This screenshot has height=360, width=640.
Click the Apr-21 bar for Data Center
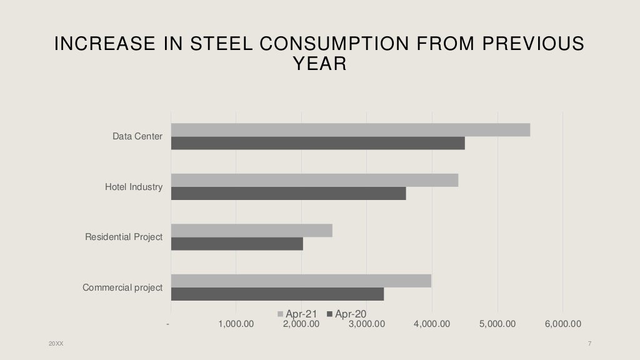(350, 130)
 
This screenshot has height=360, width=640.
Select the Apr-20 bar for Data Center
(317, 143)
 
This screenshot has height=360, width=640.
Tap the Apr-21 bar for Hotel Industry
(314, 180)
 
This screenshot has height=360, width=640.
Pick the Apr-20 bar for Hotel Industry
(288, 193)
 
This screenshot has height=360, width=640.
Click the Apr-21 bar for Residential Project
(251, 231)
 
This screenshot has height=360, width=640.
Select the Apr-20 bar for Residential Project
(237, 244)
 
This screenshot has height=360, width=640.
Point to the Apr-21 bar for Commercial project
(301, 281)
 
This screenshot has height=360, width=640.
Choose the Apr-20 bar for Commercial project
(277, 294)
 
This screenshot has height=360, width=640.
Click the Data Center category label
(137, 136)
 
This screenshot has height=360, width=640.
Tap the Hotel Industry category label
(134, 187)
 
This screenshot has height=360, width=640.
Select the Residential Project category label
(124, 237)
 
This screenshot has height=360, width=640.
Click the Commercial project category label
(122, 287)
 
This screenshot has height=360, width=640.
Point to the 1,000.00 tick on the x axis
(236, 324)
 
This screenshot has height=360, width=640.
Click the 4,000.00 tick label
(431, 324)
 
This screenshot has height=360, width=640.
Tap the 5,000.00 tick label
(497, 324)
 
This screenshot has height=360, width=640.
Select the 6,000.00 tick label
(562, 324)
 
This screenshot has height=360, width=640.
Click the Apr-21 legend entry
(299, 314)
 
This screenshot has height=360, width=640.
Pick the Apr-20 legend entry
(347, 314)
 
